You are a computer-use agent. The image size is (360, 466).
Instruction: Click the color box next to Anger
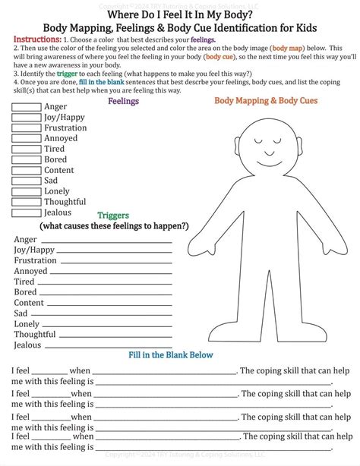[27, 107]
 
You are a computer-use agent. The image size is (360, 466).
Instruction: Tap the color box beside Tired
[27, 150]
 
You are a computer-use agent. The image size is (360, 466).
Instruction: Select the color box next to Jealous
[27, 213]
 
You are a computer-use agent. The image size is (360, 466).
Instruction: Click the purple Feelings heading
[123, 101]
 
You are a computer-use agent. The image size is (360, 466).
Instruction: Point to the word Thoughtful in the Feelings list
[65, 202]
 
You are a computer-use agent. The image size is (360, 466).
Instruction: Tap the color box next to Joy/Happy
[27, 118]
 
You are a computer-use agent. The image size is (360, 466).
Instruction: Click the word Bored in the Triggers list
[25, 292]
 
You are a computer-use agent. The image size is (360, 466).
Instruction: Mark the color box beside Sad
[27, 181]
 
